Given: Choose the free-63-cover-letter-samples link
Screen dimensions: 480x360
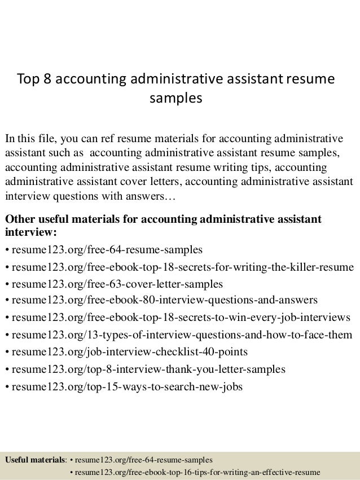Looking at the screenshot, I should pos(116,283).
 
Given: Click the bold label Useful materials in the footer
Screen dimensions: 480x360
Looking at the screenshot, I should pos(35,460).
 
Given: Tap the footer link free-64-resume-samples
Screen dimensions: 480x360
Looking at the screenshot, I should pos(143,460).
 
